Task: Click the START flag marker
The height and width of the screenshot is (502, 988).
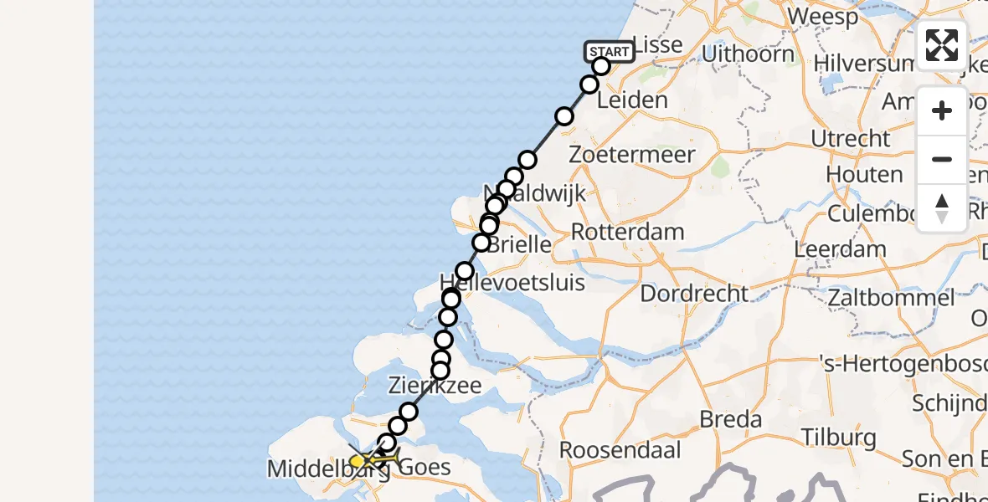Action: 610,52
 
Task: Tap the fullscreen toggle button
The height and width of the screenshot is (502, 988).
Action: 942,45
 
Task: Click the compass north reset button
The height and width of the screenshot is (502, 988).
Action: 942,208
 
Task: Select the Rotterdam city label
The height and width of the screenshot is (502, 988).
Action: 627,232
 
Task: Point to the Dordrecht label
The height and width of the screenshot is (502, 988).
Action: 694,294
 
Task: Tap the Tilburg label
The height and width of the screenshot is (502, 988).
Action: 838,437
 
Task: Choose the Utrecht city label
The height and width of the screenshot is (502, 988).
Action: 850,138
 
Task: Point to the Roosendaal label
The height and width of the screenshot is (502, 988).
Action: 611,449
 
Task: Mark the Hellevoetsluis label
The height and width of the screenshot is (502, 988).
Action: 512,281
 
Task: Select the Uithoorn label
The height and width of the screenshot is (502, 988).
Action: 749,54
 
